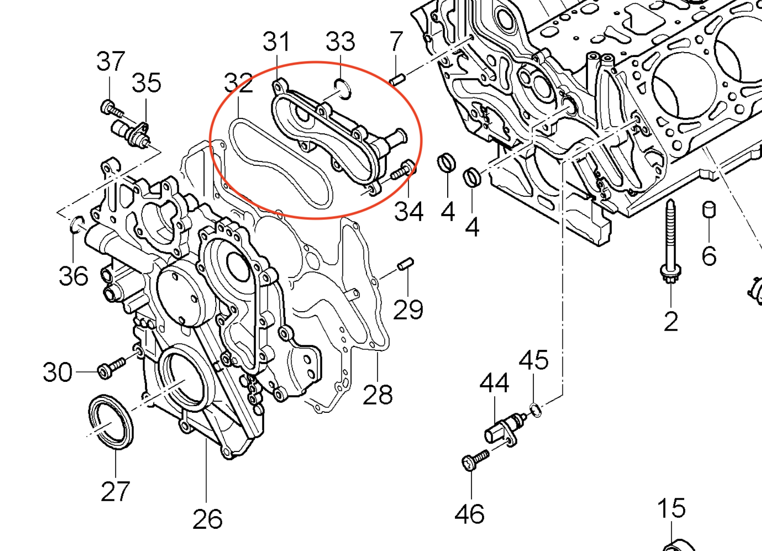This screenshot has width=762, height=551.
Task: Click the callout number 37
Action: click(x=111, y=61)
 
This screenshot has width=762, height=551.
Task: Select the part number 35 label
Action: click(x=147, y=83)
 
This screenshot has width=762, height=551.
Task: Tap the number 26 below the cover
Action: click(x=207, y=519)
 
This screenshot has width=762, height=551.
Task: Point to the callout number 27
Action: click(x=116, y=491)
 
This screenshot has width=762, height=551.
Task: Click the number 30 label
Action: click(x=58, y=372)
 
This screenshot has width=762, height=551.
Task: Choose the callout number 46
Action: click(x=469, y=514)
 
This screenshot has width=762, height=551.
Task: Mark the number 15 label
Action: click(x=671, y=508)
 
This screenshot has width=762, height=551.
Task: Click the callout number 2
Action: click(x=671, y=321)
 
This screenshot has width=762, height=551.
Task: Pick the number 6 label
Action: click(x=709, y=255)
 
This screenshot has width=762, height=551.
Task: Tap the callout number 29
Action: click(x=408, y=309)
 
